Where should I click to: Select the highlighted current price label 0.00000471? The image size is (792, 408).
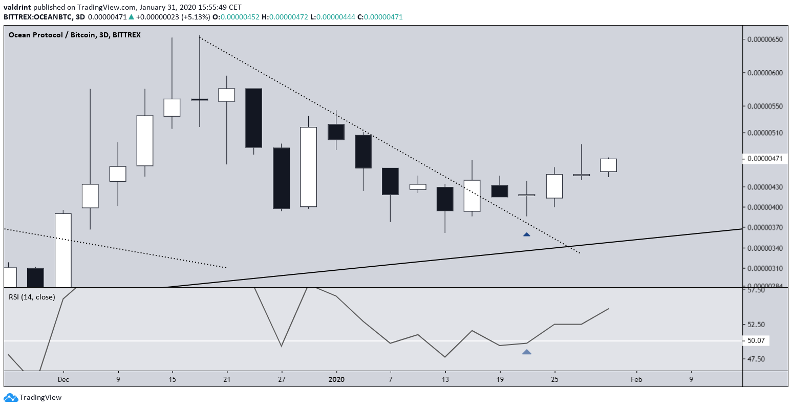tap(765, 159)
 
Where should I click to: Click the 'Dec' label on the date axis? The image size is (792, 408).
tap(63, 380)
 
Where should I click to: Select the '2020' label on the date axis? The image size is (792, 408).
tap(336, 380)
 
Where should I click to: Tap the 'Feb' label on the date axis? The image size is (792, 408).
tap(636, 380)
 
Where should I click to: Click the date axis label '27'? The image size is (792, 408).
tap(282, 380)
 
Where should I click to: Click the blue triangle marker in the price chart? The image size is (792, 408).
tap(526, 234)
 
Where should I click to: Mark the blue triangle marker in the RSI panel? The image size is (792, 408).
tap(526, 352)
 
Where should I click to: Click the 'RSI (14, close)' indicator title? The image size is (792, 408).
tap(32, 297)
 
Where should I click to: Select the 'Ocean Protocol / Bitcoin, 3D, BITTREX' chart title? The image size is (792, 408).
tap(75, 35)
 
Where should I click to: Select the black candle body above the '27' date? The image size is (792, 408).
tap(282, 178)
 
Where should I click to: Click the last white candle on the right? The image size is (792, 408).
tap(608, 165)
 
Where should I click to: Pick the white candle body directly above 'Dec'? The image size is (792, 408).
tap(63, 249)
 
